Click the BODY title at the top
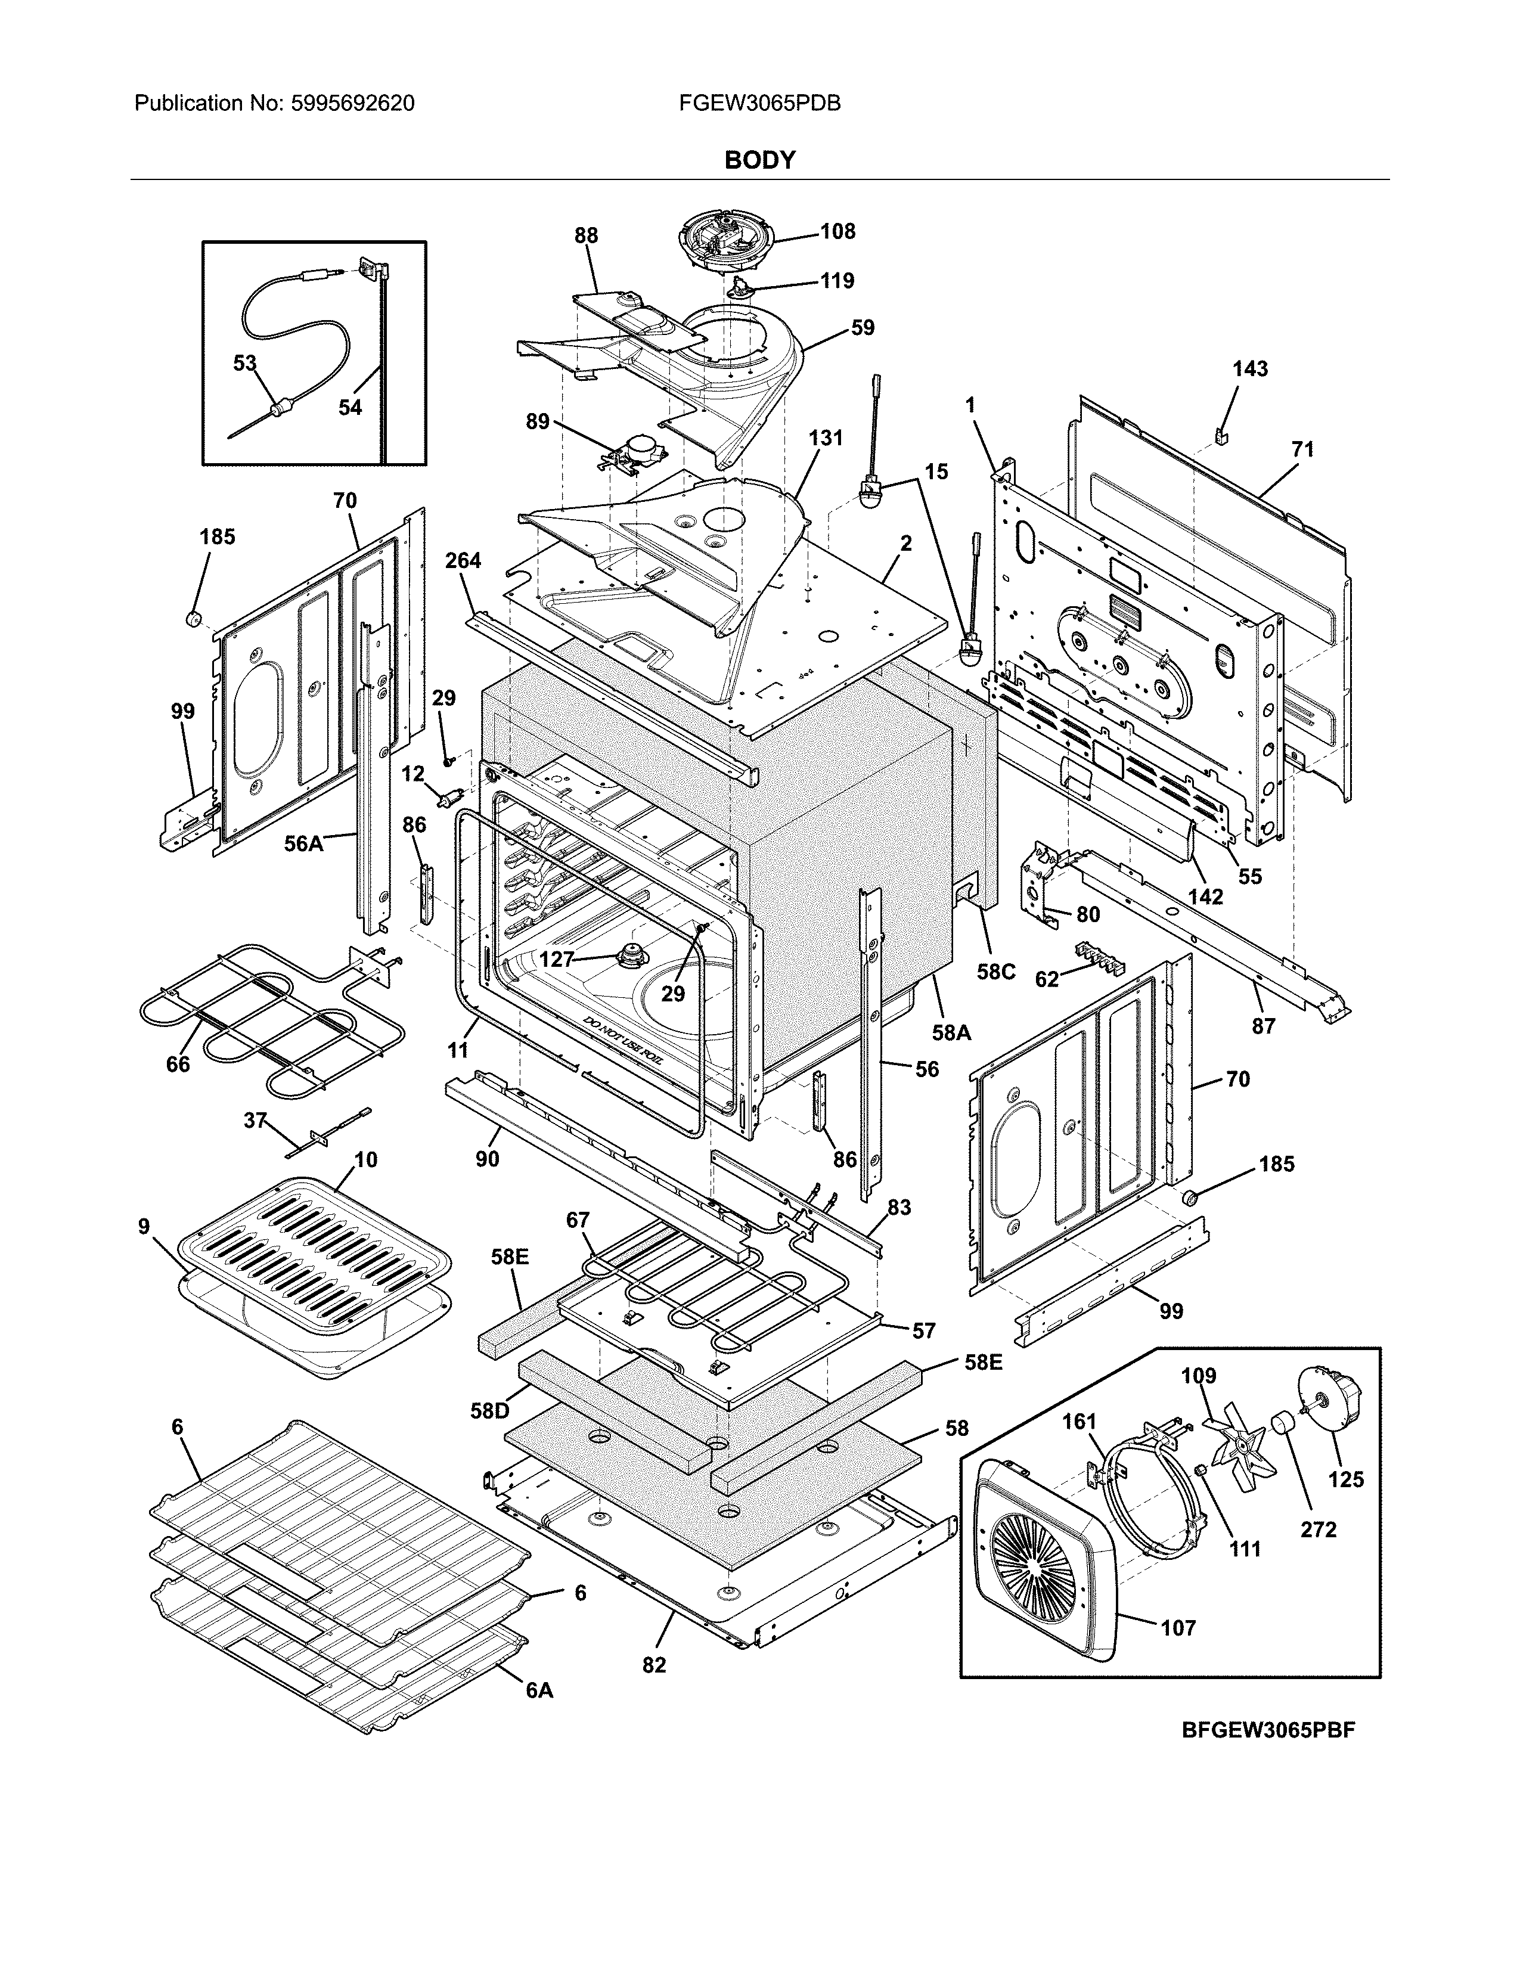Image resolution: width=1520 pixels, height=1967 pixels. (760, 160)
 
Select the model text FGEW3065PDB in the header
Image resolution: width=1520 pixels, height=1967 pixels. (760, 104)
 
